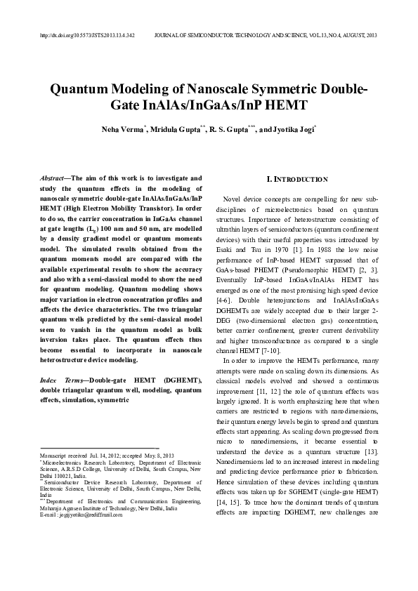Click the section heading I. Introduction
[x=294, y=180]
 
